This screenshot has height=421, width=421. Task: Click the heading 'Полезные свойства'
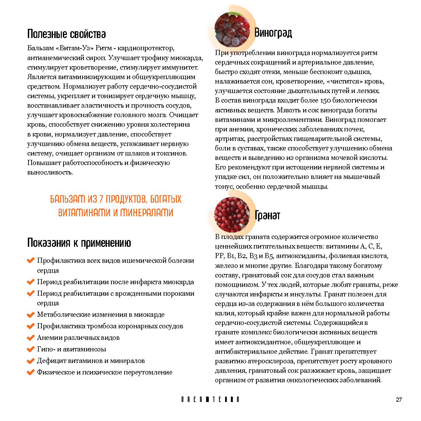tap(66, 34)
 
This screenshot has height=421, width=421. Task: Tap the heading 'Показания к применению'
tap(79, 243)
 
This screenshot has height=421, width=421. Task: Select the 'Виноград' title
tap(273, 33)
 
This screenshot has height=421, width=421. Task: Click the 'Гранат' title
tap(268, 215)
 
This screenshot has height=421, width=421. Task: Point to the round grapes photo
tap(232, 29)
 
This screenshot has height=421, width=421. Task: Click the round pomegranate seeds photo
tap(232, 215)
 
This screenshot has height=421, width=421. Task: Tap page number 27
tap(399, 400)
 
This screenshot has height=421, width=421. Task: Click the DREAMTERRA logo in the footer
tap(210, 400)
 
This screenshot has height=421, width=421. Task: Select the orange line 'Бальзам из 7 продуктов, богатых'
tap(115, 199)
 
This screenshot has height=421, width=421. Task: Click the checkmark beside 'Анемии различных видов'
tap(31, 338)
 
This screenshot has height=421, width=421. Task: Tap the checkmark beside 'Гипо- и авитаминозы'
tap(31, 349)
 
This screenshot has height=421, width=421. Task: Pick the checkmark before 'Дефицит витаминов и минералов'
tap(31, 361)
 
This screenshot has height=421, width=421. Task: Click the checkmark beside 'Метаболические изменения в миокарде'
tap(31, 315)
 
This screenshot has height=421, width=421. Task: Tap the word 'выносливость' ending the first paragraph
tap(50, 172)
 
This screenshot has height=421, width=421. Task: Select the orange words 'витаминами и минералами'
tap(115, 213)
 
